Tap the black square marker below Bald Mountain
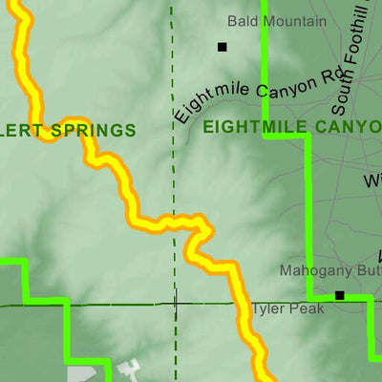(223, 46)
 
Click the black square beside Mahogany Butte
(339, 295)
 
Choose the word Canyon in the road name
(283, 88)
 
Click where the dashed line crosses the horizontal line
(176, 305)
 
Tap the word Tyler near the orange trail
(264, 310)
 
